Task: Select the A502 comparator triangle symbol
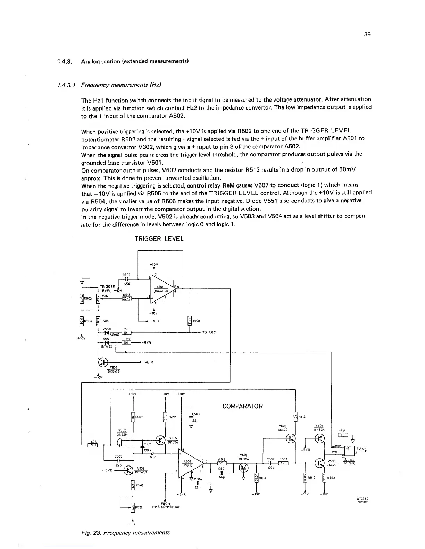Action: click(190, 464)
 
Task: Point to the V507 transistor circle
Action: click(103, 363)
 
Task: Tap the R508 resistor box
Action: click(190, 321)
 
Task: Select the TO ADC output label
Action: click(209, 332)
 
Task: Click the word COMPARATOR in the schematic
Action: click(242, 406)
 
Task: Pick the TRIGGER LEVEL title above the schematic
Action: click(159, 239)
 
